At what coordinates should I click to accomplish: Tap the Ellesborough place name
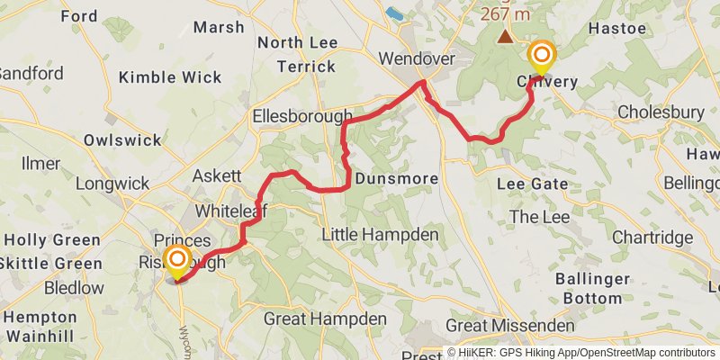tap(302, 116)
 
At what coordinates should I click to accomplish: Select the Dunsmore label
tap(397, 179)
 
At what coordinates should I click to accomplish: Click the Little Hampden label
tap(381, 235)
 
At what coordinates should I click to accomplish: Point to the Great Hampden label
tap(325, 319)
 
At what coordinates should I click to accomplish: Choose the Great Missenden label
tap(509, 325)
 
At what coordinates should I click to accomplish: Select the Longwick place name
tap(112, 184)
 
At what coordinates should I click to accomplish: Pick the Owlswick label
tap(122, 139)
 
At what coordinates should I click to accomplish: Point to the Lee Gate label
tap(533, 184)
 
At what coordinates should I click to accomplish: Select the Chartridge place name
tap(652, 238)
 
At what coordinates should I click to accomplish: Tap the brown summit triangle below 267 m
tap(507, 37)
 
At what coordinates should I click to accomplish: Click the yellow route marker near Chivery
tap(542, 58)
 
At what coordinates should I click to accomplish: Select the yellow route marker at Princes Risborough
tap(177, 261)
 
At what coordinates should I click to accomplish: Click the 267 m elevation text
tap(506, 14)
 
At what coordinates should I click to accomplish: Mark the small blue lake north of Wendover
tap(394, 13)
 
